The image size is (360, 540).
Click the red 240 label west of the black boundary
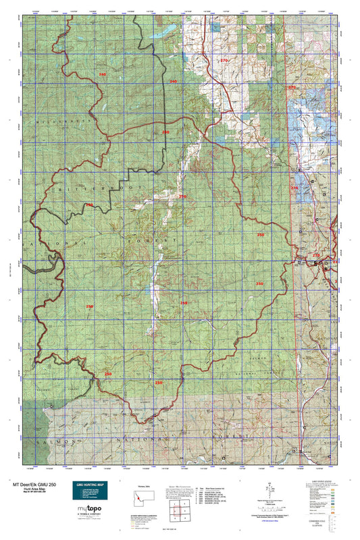(x=103, y=74)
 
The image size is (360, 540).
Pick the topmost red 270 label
(x=225, y=61)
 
